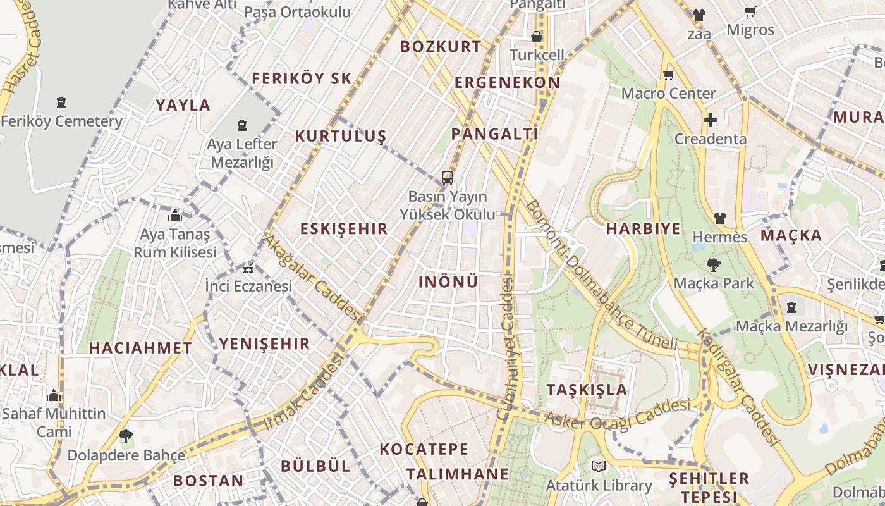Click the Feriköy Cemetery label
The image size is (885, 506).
62,121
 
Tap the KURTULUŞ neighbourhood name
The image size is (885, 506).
340,136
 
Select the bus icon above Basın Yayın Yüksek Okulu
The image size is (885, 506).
448,177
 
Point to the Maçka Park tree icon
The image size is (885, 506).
714,264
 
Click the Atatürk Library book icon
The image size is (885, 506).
598,467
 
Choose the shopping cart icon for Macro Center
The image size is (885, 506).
668,75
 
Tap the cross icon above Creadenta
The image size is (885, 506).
711,120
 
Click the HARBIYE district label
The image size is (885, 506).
644,228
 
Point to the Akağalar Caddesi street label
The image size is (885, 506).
312,278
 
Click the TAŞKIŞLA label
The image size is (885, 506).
587,389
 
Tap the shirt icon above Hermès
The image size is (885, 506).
719,218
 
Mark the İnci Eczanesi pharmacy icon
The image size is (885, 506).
249,269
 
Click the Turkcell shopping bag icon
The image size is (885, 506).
537,37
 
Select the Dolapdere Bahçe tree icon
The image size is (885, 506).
126,436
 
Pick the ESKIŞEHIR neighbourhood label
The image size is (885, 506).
344,228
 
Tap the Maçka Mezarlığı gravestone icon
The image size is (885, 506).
791,307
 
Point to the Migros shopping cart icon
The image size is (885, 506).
750,11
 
